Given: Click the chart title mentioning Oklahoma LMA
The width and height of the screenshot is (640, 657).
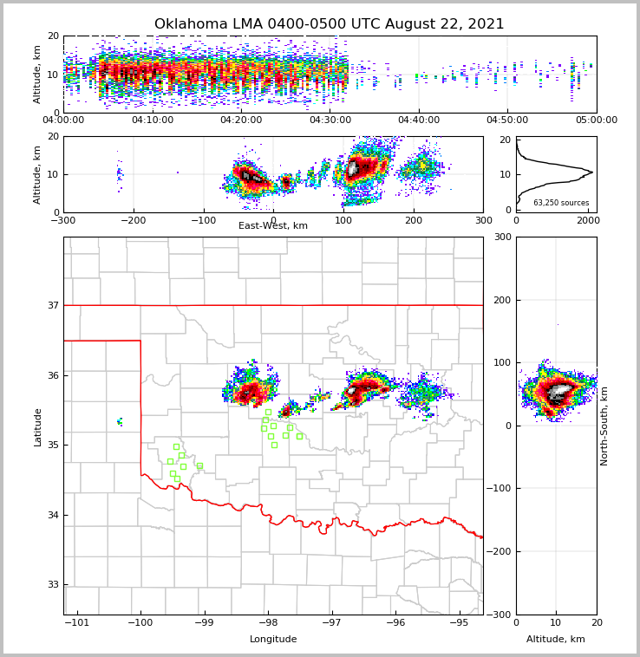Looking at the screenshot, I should point(329,24).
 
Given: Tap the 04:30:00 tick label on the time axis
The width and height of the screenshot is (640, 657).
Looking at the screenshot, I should point(330,120).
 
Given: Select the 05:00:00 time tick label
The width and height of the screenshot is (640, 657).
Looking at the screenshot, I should point(596,120).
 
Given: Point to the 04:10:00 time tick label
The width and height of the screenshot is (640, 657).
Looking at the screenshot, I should point(153,120).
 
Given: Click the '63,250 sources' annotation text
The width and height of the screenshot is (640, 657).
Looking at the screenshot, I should point(561,203).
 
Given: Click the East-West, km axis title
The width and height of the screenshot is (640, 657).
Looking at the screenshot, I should point(273,226).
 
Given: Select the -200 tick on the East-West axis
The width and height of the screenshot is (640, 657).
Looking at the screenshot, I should point(133,220).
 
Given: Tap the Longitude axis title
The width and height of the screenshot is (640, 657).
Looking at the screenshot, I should point(273,640).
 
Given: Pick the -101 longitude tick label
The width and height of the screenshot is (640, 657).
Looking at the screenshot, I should point(77,622).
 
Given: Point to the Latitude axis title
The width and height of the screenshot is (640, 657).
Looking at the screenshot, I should point(38,426).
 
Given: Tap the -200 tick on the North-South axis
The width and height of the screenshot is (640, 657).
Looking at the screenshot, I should point(500,551).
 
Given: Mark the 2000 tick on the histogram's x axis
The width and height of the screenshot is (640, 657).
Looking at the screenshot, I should point(589,220).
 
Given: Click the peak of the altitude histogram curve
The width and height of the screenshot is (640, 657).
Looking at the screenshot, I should point(592,172).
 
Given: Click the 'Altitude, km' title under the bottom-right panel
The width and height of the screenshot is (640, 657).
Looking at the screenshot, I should point(556,640).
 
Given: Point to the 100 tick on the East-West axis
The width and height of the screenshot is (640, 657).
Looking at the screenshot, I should point(343,220).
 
